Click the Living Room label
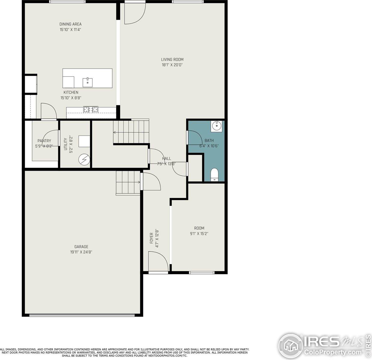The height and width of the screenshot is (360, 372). pyautogui.click(x=172, y=59)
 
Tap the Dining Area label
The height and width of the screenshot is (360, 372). pyautogui.click(x=70, y=24)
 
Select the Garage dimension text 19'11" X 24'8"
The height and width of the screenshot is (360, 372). pyautogui.click(x=81, y=252)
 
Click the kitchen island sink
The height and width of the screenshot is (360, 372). pyautogui.click(x=88, y=82)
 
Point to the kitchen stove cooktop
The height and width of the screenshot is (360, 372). pyautogui.click(x=91, y=109)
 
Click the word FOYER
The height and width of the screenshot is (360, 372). pyautogui.click(x=152, y=238)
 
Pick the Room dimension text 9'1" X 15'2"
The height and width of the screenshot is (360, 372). pyautogui.click(x=199, y=234)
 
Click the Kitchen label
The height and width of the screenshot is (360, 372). pyautogui.click(x=71, y=92)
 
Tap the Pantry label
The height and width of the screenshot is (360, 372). pyautogui.click(x=44, y=141)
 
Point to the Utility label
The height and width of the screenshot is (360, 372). pyautogui.click(x=66, y=144)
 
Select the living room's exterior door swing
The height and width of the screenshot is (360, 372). pyautogui.click(x=134, y=13)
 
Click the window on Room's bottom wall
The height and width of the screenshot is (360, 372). pyautogui.click(x=201, y=272)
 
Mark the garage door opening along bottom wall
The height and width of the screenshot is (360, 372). pyautogui.click(x=82, y=315)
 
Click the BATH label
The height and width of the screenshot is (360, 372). pyautogui.click(x=209, y=140)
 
